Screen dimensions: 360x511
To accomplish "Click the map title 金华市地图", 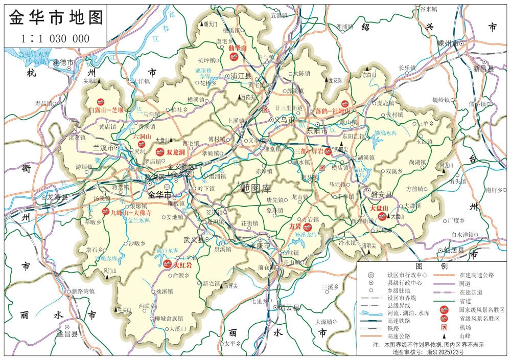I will [56, 17].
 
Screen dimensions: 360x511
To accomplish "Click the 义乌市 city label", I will [285, 119].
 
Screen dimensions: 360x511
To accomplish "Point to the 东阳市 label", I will [315, 131].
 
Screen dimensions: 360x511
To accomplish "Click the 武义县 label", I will [194, 240].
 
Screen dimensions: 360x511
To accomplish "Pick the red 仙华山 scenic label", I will [237, 48].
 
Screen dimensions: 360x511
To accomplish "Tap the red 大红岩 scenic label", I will [182, 265].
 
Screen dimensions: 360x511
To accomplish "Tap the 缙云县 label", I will [290, 308].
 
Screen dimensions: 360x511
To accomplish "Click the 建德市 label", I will [64, 62].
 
